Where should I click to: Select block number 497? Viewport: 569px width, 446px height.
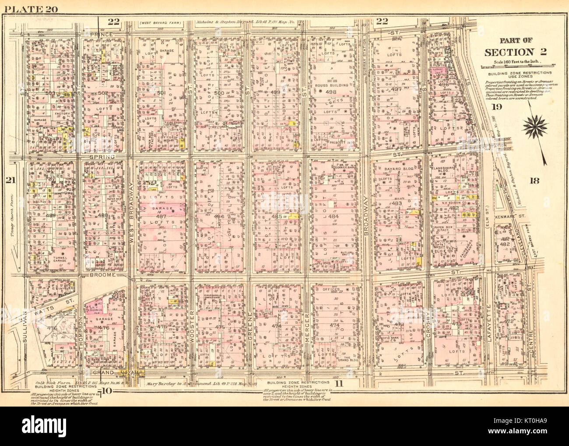click(396, 89)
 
